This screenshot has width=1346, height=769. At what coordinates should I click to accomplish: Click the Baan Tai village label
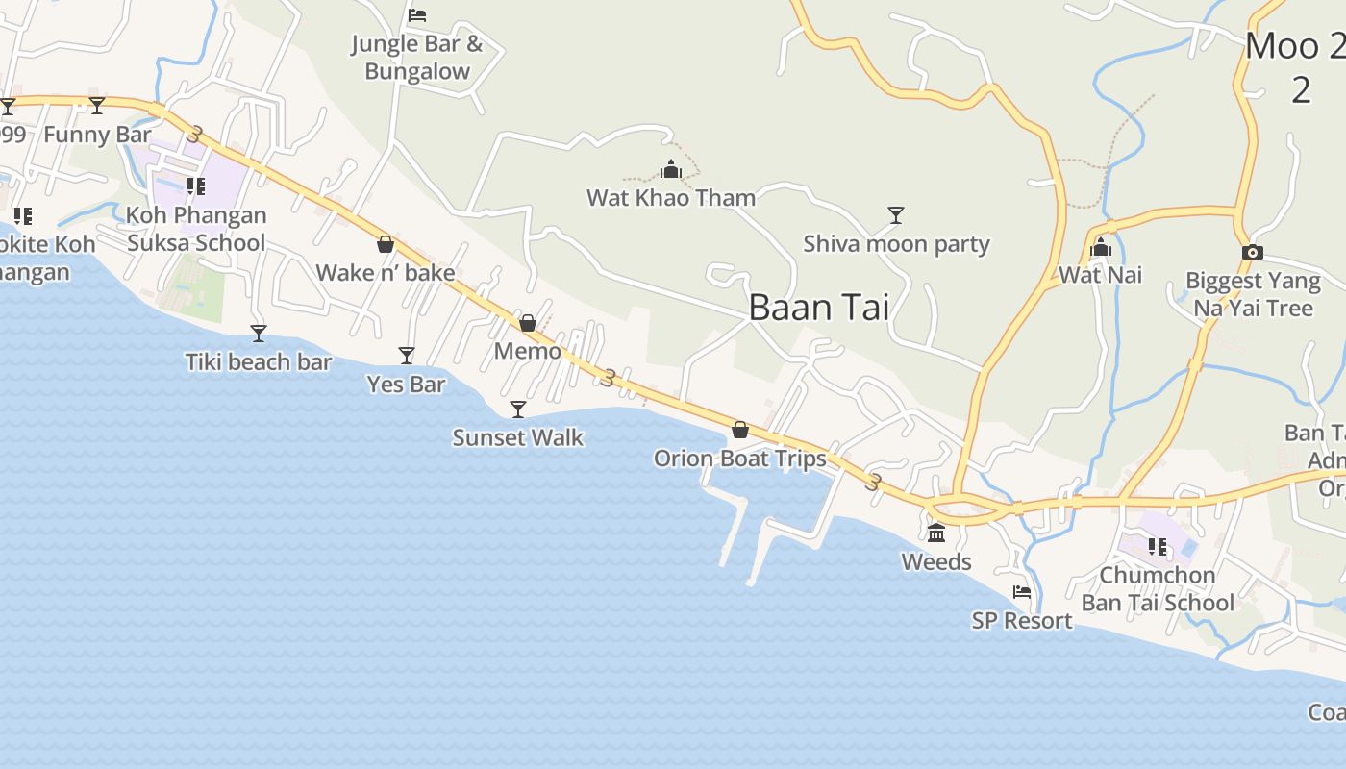coord(818,308)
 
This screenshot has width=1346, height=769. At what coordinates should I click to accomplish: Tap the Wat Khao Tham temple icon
coord(671,170)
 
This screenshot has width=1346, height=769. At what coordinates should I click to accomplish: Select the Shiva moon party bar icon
coord(896,214)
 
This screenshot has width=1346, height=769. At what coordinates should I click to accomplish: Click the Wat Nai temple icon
coord(1101,248)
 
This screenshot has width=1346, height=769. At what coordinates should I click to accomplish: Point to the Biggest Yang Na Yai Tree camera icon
coord(1252,252)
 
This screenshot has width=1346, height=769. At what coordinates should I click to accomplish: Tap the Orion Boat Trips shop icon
coord(740,430)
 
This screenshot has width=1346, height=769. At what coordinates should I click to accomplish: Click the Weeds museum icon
coord(936,533)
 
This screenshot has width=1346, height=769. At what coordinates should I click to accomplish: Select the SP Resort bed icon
coord(1022,592)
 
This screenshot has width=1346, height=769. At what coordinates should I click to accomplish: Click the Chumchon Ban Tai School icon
coord(1158,547)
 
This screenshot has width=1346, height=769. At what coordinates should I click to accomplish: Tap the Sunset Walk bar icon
coord(518,409)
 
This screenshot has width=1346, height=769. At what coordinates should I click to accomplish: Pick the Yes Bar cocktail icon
coord(407,356)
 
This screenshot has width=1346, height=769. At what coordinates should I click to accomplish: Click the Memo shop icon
coord(528,323)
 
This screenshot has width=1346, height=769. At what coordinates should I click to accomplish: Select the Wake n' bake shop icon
coord(386,244)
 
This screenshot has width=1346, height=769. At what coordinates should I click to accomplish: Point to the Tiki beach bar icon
coord(258,334)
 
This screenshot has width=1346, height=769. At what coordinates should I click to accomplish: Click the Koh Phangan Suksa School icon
coord(196,186)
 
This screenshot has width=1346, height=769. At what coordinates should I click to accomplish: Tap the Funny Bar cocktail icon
coord(97,105)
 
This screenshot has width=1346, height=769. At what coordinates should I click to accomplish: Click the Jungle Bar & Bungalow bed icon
coord(417,15)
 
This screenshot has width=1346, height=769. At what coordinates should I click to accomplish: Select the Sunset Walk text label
coord(518,437)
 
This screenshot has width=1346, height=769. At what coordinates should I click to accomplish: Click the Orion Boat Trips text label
coord(740,459)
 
